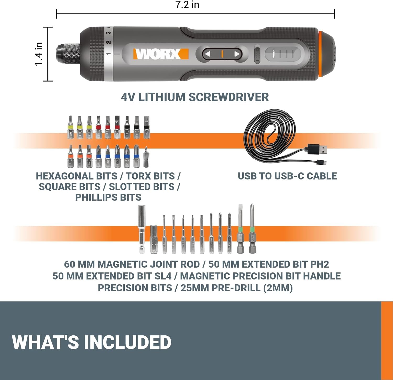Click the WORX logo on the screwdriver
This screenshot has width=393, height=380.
click(161, 54)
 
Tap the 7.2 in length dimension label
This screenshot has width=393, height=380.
click(187, 5)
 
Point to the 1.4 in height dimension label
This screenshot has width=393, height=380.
click(39, 54)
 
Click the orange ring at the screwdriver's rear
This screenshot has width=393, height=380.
click(320, 54)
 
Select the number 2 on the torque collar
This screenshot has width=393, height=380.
click(108, 42)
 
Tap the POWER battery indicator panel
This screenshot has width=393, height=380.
click(283, 54)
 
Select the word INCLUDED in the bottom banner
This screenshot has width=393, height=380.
click(128, 342)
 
